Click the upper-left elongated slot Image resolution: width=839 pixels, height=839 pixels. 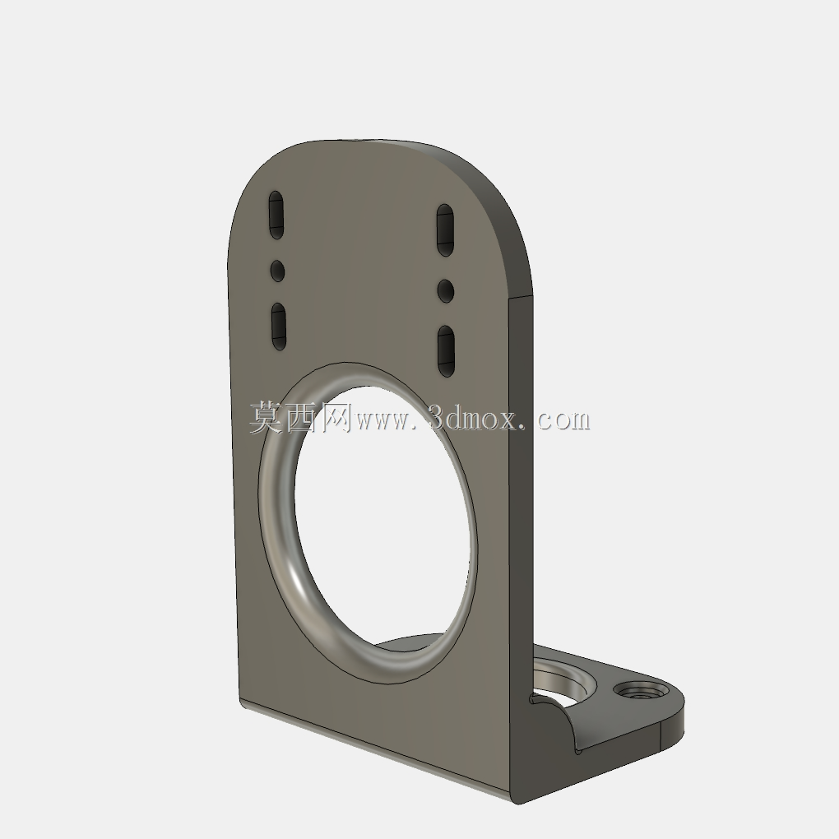[276, 215]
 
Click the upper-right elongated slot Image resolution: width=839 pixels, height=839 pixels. [445, 230]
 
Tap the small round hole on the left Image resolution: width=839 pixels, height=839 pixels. [277, 271]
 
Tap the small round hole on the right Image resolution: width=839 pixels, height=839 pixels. [445, 290]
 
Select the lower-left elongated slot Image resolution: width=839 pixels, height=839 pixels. [279, 327]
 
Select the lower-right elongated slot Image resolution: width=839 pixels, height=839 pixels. [447, 351]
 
